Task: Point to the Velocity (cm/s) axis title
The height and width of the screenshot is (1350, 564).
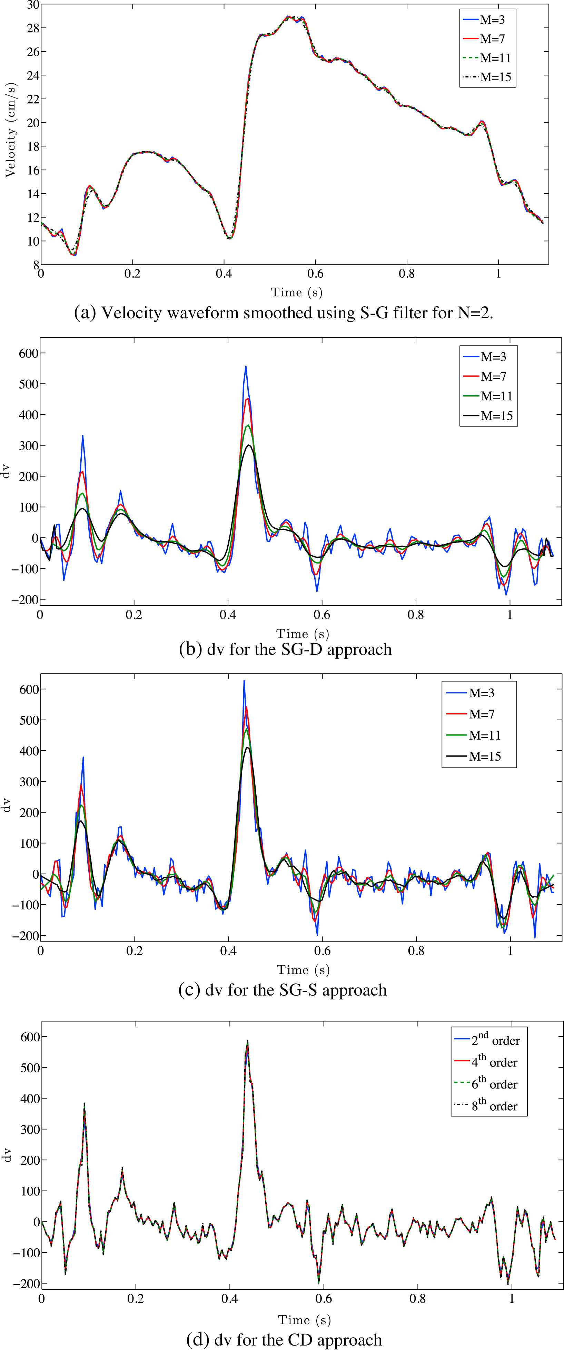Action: tap(10, 130)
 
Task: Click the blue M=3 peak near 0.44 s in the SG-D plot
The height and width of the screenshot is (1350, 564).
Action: tap(246, 367)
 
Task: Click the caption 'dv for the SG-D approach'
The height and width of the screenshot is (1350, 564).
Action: tap(285, 649)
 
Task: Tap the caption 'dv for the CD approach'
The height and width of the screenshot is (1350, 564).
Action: tap(284, 1340)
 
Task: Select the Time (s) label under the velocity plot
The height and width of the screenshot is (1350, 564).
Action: tap(296, 292)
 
